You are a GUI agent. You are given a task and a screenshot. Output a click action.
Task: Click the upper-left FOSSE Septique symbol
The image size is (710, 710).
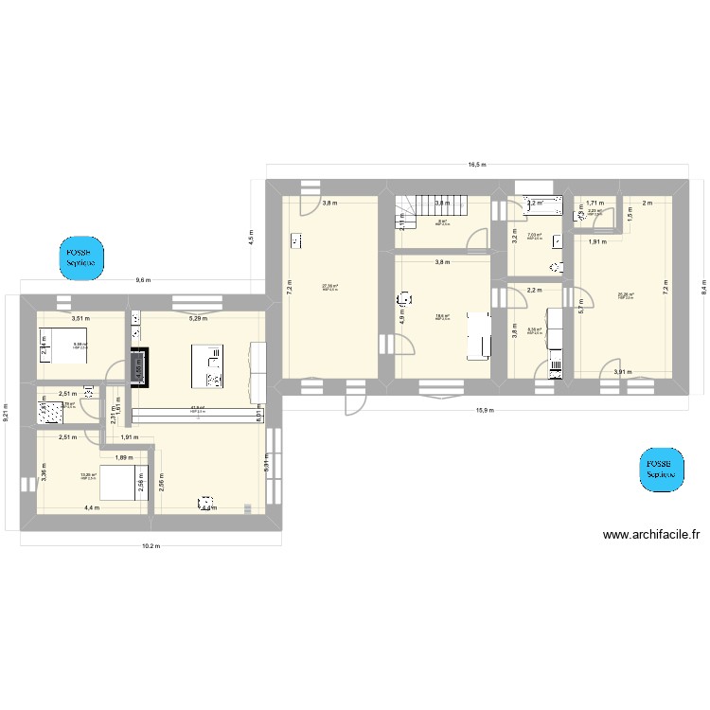point(80,257)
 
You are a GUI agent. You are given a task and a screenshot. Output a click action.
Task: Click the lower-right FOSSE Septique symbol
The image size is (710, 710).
point(659,470)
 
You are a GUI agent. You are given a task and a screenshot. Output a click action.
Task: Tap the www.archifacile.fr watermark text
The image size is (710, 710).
point(651,535)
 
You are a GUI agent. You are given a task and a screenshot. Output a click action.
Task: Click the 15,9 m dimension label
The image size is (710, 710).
point(483,410)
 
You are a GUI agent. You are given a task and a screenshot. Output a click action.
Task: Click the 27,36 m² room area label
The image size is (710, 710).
point(330,288)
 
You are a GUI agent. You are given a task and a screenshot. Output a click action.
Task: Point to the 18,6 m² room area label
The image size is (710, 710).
point(442,317)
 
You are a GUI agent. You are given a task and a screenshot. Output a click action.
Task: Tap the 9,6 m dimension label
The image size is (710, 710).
point(143,280)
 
